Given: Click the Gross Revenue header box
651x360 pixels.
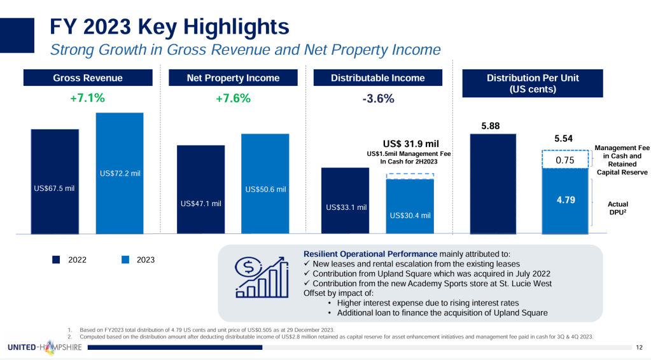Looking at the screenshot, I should coord(88,78).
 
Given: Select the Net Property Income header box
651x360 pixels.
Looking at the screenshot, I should coord(233,78).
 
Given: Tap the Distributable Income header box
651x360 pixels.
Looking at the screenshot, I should coord(377,78).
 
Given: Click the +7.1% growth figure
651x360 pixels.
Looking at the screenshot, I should coord(87,99).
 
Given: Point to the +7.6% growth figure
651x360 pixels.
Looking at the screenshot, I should coord(233,99).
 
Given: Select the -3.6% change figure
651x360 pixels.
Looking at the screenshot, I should coord(377,99).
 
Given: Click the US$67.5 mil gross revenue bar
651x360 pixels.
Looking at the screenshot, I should coord(55,181).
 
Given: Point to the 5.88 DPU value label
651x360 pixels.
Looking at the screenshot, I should coord(491,127).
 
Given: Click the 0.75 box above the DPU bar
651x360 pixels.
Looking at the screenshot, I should coord(565,160).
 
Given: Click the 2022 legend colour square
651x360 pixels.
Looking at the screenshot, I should coord(56,260).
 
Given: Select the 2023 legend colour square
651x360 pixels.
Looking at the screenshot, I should coord(125,260).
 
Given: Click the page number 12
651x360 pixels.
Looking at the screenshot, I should coord(640,347).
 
